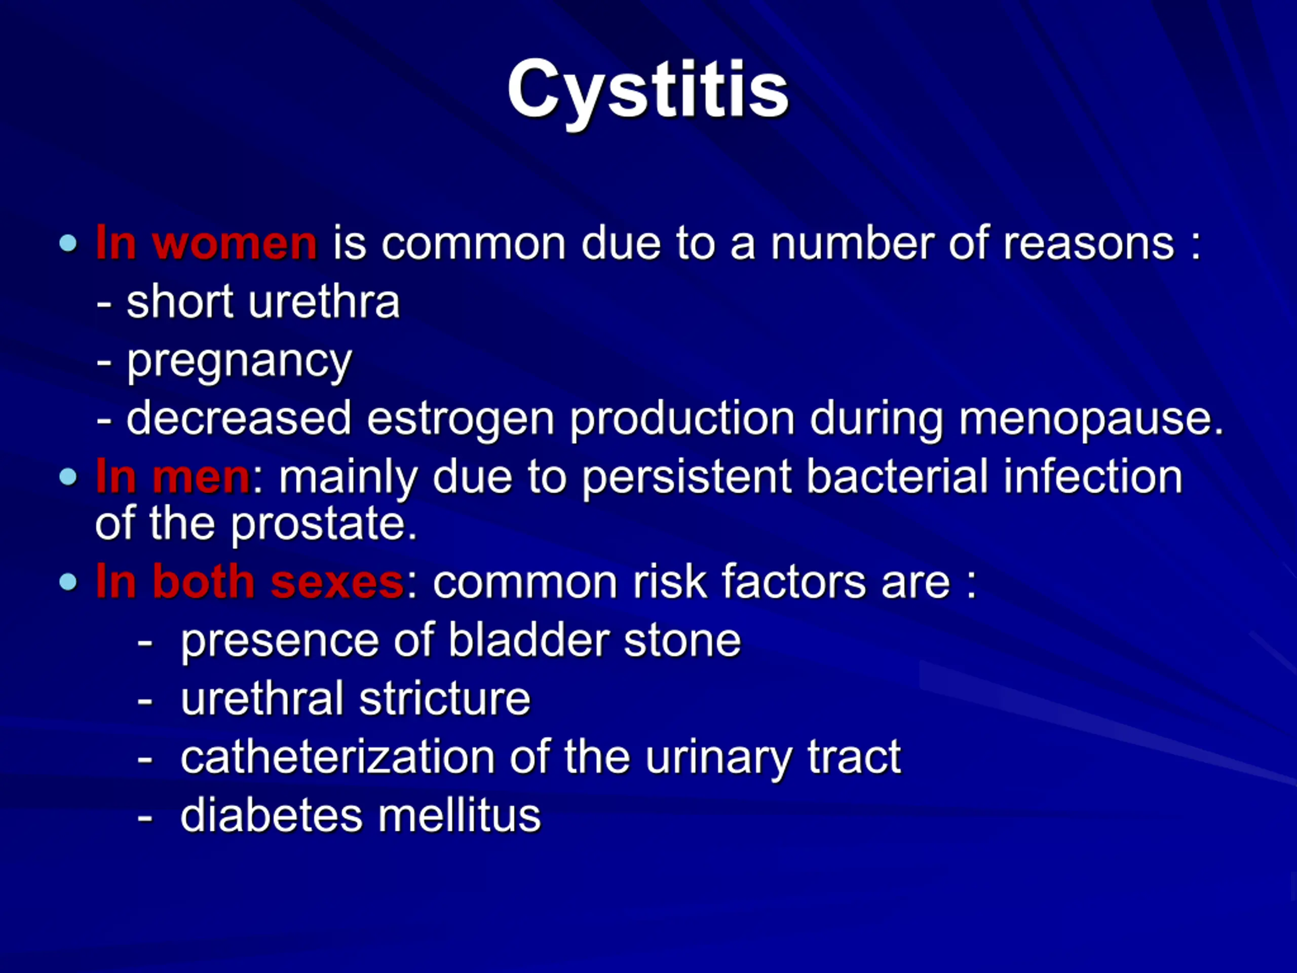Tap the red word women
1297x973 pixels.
tap(235, 243)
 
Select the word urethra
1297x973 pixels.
tap(324, 302)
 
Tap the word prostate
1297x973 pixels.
tap(324, 523)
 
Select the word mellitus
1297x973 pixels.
tap(459, 815)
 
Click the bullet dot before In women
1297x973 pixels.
tap(68, 243)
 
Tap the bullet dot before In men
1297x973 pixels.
tap(68, 477)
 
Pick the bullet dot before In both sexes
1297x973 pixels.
tap(68, 582)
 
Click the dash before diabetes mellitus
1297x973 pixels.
tap(145, 817)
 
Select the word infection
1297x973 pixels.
tap(1093, 476)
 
